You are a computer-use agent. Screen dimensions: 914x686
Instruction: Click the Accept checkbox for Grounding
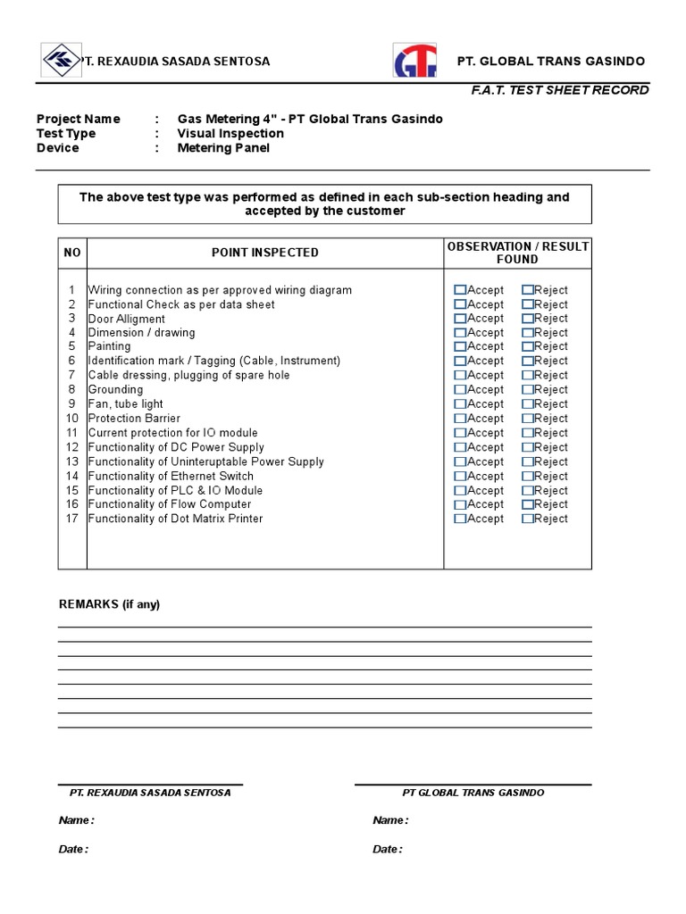click(x=460, y=390)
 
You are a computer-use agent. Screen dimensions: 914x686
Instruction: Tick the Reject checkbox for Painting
click(x=528, y=346)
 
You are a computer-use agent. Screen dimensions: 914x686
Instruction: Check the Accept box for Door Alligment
click(x=460, y=319)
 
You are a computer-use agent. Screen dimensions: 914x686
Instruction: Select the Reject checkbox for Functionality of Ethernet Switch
click(x=528, y=476)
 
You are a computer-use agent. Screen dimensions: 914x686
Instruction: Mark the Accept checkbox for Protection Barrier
click(x=460, y=419)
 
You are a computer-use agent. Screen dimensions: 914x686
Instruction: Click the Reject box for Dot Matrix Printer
click(x=528, y=519)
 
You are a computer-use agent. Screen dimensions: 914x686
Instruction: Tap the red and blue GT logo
click(x=415, y=62)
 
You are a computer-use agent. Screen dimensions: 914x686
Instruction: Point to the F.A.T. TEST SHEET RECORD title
click(x=560, y=90)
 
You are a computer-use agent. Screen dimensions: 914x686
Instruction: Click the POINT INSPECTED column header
click(x=264, y=253)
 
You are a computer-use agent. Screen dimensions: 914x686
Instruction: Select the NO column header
click(x=72, y=253)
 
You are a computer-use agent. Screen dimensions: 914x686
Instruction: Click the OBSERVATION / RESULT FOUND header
click(x=518, y=253)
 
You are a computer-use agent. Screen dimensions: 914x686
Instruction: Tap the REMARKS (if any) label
click(x=109, y=604)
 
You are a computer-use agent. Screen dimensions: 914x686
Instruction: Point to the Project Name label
click(x=78, y=119)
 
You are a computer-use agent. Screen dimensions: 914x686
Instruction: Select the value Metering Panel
click(x=223, y=147)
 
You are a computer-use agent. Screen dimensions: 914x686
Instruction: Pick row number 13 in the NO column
click(x=72, y=461)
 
